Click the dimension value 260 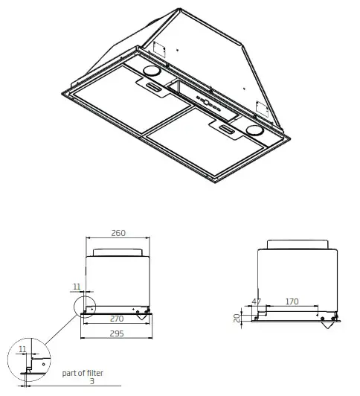pyautogui.click(x=118, y=232)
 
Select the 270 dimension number pyautogui.click(x=118, y=319)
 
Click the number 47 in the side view pyautogui.click(x=257, y=301)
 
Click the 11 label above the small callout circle pyautogui.click(x=77, y=285)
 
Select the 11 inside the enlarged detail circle pyautogui.click(x=22, y=348)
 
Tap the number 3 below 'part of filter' pyautogui.click(x=91, y=382)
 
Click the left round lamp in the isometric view pyautogui.click(x=150, y=73)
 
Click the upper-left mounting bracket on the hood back pyautogui.click(x=157, y=45)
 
